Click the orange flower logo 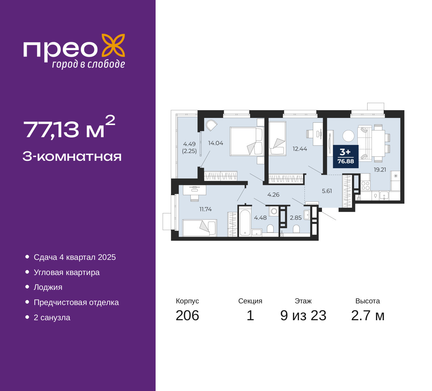(x=113, y=45)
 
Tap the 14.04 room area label (x=216, y=143)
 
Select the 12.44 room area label (x=300, y=149)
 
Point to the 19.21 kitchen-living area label (x=380, y=170)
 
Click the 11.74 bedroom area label (x=206, y=209)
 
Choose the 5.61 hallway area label (x=327, y=191)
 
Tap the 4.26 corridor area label (x=273, y=194)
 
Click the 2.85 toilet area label (x=296, y=218)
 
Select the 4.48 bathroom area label (x=260, y=218)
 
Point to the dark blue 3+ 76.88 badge (x=346, y=156)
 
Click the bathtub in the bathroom (x=245, y=222)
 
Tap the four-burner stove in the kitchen (x=365, y=186)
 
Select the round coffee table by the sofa (x=348, y=136)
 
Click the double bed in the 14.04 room (x=247, y=141)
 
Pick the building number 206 (x=187, y=315)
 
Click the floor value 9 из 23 (x=303, y=315)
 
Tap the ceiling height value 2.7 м (x=368, y=315)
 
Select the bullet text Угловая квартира (x=66, y=272)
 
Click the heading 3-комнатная (x=72, y=156)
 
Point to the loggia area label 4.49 (x=189, y=144)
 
